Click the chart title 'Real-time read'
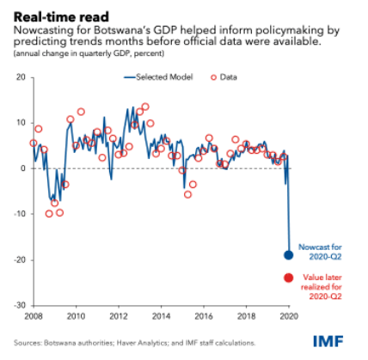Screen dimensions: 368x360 tap(61, 17)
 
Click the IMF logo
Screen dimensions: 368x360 tap(328, 341)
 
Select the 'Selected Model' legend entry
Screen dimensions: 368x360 tap(158, 77)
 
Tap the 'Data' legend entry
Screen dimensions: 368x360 tap(224, 77)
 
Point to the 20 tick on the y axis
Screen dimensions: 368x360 tap(21, 77)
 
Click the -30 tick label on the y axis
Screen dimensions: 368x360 tap(20, 305)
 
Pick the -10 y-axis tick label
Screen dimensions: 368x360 tap(20, 214)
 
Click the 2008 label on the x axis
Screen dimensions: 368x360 tap(34, 316)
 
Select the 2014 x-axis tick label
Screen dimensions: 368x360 tap(162, 316)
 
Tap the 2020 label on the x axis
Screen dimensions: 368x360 tap(289, 316)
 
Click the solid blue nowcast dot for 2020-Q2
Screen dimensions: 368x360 tap(288, 255)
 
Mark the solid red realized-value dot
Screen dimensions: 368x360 tap(288, 278)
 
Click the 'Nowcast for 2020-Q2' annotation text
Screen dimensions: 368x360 tap(320, 252)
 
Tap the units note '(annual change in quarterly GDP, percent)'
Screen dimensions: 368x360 tap(89, 53)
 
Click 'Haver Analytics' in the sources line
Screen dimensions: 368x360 tap(142, 343)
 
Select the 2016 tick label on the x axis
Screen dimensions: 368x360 tap(204, 316)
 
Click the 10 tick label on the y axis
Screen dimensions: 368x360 tap(21, 123)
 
